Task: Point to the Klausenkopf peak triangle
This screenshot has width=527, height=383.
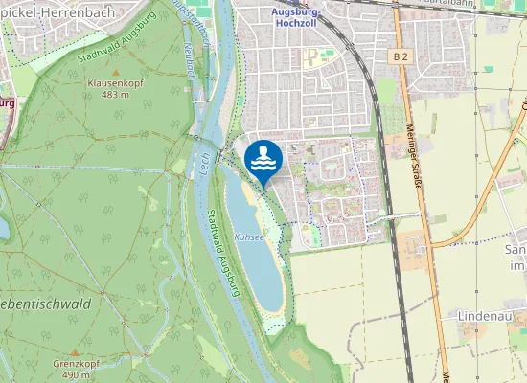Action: tap(116, 73)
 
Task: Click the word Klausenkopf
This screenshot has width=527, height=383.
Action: tap(114, 84)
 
